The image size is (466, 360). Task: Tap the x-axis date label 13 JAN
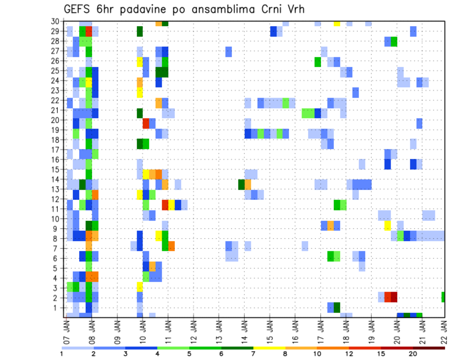[x=219, y=330]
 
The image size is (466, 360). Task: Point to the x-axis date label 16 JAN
[x=295, y=330]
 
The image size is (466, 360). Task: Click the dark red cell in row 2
[x=394, y=297]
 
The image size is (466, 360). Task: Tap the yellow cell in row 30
[x=337, y=23]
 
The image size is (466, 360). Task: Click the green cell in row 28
[x=394, y=41]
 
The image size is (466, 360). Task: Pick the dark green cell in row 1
[x=337, y=307]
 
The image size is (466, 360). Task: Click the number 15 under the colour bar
[x=381, y=354]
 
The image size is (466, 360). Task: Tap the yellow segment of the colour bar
[x=269, y=348]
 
